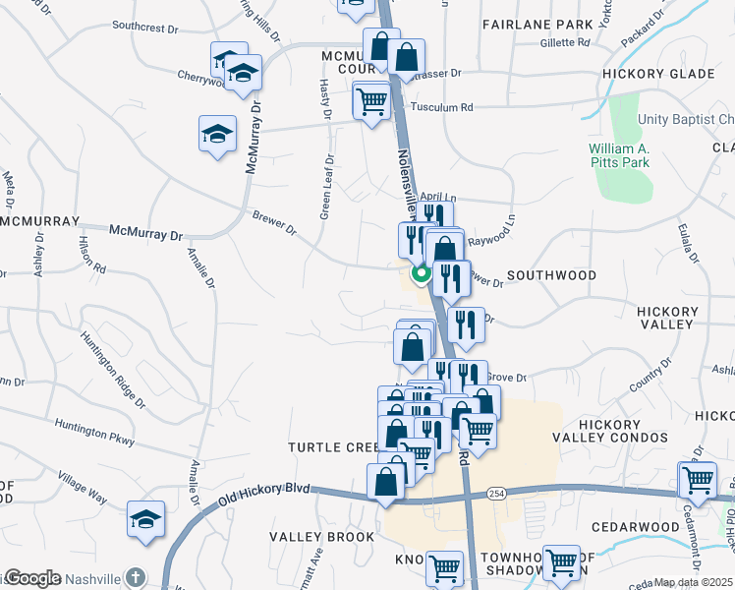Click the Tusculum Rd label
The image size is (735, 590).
click(442, 107)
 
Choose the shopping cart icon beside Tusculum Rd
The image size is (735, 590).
click(371, 100)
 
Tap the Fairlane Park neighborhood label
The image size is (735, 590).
click(537, 24)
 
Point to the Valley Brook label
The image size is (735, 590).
click(322, 537)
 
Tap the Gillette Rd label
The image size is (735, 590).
click(564, 42)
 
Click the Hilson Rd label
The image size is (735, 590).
click(93, 254)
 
